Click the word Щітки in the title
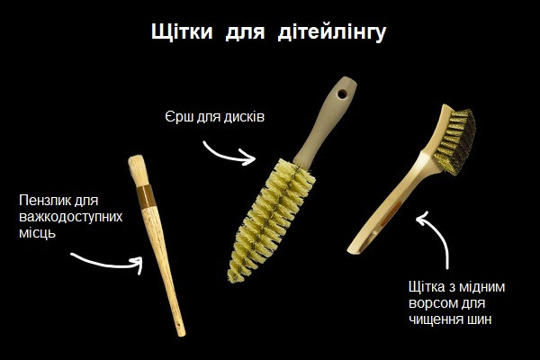click(182, 32)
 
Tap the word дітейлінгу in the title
click(332, 32)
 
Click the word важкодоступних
click(70, 217)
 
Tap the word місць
click(37, 234)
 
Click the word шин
click(480, 319)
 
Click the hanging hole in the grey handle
click(342, 94)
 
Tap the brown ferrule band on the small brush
click(146, 197)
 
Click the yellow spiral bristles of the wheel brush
click(271, 220)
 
